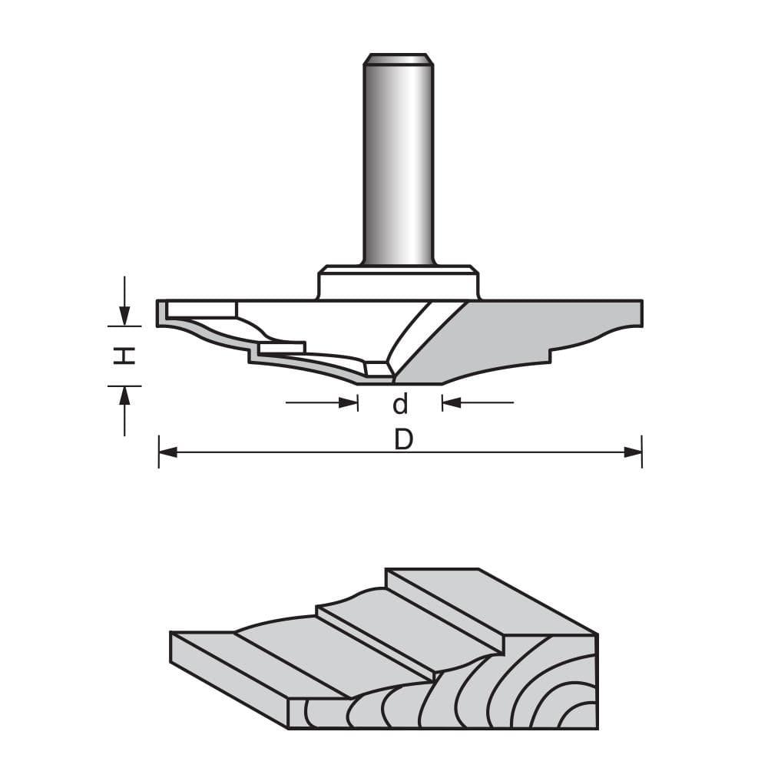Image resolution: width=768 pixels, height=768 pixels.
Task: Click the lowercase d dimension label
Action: pos(400,403)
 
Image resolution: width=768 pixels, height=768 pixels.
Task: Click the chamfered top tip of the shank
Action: pos(398,59)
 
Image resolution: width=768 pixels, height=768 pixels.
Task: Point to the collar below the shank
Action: pos(398,283)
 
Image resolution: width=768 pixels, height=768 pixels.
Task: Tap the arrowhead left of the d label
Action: pos(349,402)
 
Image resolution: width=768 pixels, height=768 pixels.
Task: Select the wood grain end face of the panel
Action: pos(499,691)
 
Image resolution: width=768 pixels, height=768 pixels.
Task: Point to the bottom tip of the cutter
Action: pos(393,380)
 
